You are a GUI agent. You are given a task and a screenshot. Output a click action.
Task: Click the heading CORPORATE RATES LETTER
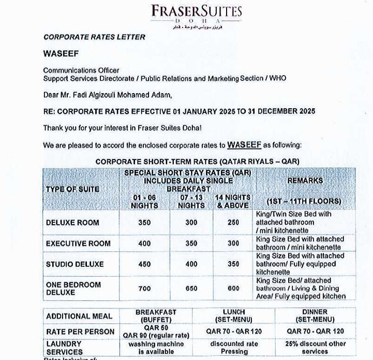pos(94,37)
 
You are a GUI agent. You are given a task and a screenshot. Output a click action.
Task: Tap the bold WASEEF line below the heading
pos(60,54)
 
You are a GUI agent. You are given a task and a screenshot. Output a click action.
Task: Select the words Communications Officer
pos(81,70)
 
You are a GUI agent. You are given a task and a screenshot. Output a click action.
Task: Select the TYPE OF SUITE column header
pos(72,189)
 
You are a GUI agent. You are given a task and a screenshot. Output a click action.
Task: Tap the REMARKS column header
pos(305,181)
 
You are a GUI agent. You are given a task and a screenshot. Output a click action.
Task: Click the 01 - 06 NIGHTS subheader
pos(144,201)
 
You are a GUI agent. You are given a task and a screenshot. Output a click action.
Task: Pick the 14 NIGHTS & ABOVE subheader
pos(232,201)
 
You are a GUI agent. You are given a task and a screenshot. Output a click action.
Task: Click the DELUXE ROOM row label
pos(72,223)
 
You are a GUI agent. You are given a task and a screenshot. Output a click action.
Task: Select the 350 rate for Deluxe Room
pos(144,223)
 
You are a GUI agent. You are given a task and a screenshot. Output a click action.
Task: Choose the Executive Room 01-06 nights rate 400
pos(144,243)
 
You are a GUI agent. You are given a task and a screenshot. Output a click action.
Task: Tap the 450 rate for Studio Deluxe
pos(144,264)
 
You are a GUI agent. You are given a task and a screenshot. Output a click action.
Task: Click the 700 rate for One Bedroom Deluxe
pos(144,289)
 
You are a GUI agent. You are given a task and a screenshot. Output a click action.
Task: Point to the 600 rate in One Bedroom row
pos(233,289)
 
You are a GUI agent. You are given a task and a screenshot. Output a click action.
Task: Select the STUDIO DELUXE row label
pos(74,264)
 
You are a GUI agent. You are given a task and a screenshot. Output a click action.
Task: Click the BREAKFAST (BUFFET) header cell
pos(156,316)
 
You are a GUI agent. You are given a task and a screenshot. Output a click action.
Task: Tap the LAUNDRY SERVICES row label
pos(64,348)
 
